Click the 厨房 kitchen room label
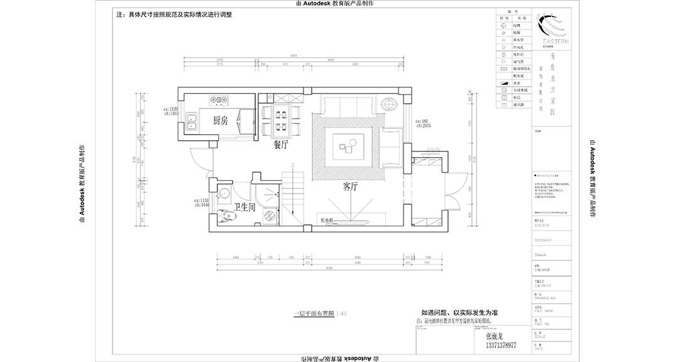pos(220,120)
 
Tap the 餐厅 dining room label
pos(280,145)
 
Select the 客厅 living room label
pos(351,186)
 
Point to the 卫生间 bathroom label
pos(244,206)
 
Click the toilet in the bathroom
pos(225,216)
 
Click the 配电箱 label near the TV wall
pos(327,221)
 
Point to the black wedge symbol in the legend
pos(503,82)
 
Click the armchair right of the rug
pos(390,146)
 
